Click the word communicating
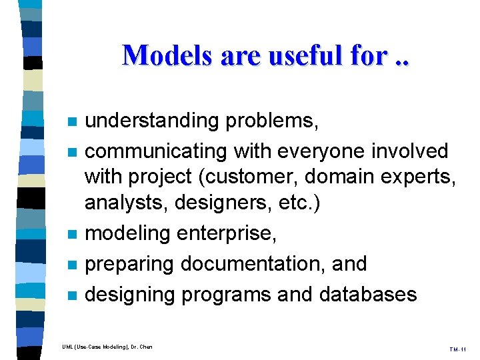[x=157, y=151]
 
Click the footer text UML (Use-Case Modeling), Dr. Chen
[x=107, y=346]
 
